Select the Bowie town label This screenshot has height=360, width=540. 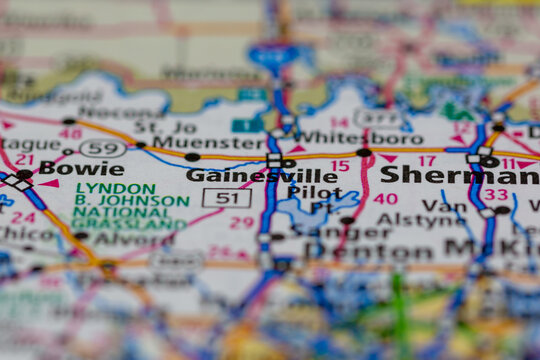point(82,169)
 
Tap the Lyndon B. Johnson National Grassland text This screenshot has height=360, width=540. point(131,206)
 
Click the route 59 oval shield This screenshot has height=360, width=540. point(102,149)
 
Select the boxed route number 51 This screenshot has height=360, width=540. point(226,198)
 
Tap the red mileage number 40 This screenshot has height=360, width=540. point(384,199)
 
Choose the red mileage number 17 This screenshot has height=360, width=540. point(427,160)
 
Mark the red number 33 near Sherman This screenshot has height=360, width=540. point(496,195)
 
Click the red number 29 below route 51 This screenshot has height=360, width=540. point(241,222)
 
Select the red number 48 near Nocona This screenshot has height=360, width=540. point(70,133)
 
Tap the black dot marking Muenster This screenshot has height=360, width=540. point(192,157)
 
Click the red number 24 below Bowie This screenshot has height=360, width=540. point(23,217)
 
